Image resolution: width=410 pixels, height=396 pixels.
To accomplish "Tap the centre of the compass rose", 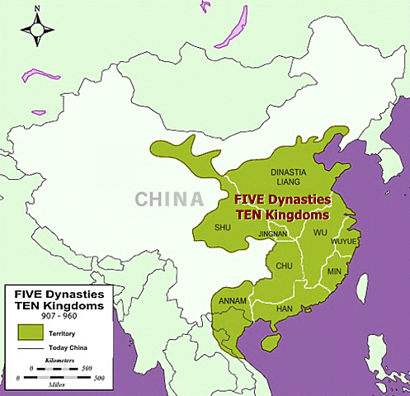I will pos(35,32).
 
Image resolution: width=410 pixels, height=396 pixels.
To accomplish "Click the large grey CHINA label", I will pos(169,200).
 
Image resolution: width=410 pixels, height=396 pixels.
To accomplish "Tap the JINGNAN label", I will pos(274,233).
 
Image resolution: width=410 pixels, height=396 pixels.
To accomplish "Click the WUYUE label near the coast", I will pos(345,241).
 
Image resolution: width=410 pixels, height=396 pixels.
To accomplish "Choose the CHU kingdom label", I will pos(285,266).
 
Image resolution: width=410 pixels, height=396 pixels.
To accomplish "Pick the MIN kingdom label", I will pos(334,271).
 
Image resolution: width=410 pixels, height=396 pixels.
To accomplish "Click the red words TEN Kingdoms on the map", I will pos(282,214).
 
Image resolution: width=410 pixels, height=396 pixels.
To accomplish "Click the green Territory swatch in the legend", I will pos(31,332).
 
